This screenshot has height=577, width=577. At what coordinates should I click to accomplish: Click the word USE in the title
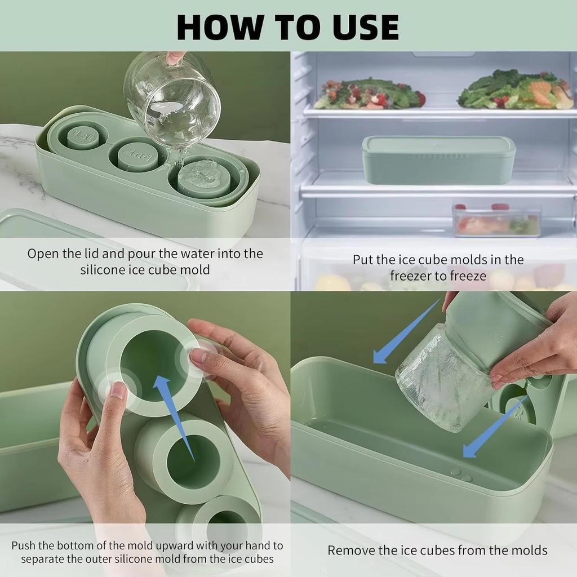[366, 27]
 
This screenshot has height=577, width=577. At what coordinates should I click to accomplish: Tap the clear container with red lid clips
[496, 220]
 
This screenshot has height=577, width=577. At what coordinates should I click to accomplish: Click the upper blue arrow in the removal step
[407, 331]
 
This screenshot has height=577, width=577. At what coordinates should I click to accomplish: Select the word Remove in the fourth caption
[351, 551]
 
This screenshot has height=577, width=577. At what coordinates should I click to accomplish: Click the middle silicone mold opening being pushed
[194, 462]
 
